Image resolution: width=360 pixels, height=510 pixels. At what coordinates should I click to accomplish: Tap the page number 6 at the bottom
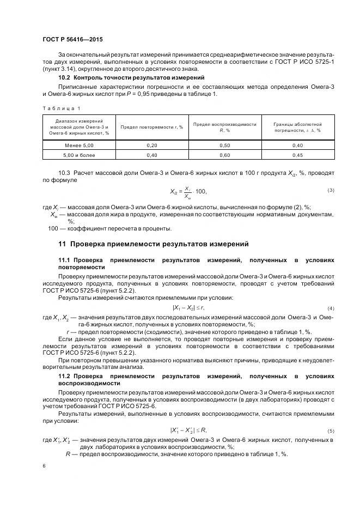click(44, 466)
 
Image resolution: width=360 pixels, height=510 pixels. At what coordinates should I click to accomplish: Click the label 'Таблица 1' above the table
click(57, 107)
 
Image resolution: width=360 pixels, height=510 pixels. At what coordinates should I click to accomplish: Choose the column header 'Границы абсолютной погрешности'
click(297, 127)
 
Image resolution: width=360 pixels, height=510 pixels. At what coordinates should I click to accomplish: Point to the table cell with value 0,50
click(224, 145)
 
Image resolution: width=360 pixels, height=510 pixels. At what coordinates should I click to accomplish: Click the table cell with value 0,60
click(224, 155)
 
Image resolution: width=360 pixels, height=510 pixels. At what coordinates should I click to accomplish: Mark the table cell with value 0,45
click(297, 155)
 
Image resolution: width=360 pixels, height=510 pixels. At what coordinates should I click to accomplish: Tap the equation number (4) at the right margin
click(331, 308)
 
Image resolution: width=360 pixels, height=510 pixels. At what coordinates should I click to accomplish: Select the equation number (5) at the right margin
click(331, 430)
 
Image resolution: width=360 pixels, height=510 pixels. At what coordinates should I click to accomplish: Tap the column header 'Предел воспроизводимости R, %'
click(224, 127)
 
